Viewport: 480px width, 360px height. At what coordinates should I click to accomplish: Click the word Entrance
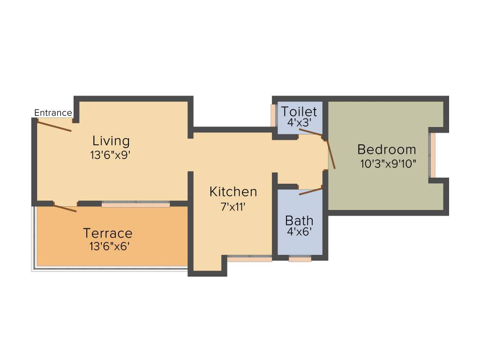[53, 113]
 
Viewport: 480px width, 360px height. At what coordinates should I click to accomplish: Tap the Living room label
[111, 141]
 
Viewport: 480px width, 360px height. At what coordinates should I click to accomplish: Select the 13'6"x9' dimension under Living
[110, 155]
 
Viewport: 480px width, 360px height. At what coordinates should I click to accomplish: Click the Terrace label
[107, 233]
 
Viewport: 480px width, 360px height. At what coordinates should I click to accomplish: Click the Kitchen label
[233, 192]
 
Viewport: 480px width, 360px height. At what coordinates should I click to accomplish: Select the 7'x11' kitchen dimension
[233, 207]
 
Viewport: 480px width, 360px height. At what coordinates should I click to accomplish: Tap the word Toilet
[299, 112]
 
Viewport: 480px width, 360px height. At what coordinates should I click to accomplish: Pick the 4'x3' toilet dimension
[299, 122]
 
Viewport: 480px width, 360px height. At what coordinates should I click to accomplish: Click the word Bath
[299, 220]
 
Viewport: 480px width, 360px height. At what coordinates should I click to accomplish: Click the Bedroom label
[386, 150]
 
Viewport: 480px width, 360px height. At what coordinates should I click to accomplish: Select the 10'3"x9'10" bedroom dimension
[388, 164]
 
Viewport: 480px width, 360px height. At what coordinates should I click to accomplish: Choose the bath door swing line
[311, 191]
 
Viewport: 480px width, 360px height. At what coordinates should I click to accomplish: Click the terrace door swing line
[65, 208]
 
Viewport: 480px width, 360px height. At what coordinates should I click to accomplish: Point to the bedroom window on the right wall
[432, 156]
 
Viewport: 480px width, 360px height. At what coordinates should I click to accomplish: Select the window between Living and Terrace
[136, 204]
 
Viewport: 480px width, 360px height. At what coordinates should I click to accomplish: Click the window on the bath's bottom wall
[300, 259]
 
